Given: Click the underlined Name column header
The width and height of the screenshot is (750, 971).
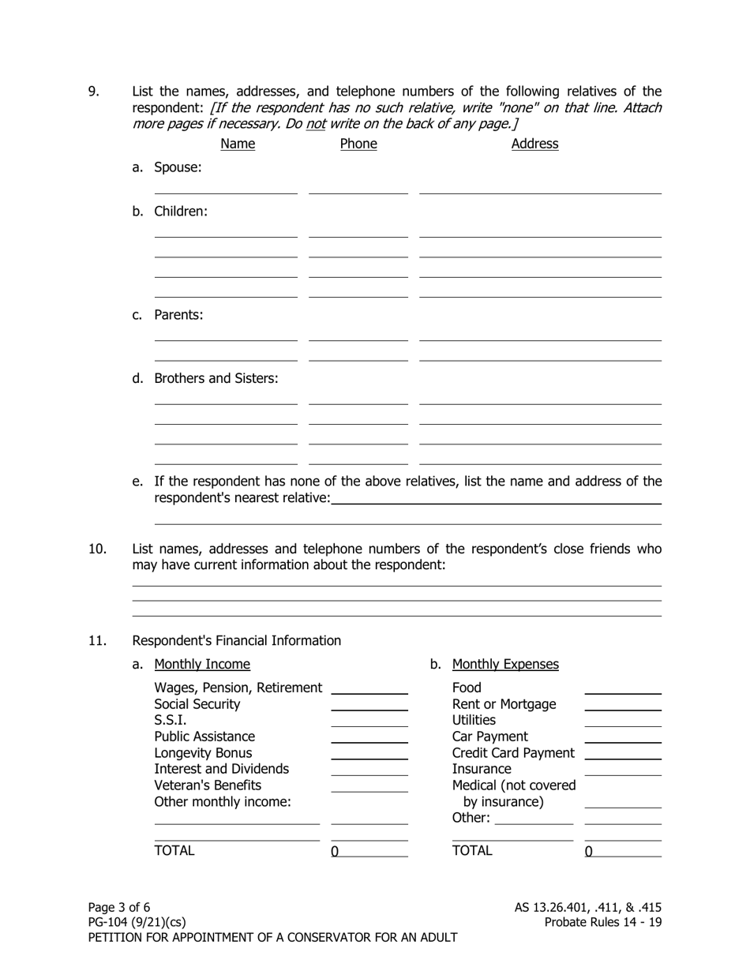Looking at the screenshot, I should tap(238, 144).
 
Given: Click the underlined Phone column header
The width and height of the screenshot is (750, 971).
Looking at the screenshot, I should tap(358, 144).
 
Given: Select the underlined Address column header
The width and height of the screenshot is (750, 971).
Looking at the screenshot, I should tap(534, 144).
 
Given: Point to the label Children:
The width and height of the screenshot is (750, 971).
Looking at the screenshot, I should tap(181, 211).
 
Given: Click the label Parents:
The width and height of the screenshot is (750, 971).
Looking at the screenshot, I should tap(178, 315).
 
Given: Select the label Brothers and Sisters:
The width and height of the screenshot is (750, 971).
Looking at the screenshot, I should tap(216, 379).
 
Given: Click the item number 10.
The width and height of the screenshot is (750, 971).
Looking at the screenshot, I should tap(96, 549).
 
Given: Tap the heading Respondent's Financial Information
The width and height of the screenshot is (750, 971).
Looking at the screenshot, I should tap(237, 640).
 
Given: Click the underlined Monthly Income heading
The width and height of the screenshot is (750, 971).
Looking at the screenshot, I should tap(202, 665).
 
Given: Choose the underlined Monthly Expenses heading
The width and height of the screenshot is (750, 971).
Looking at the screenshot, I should tap(505, 665).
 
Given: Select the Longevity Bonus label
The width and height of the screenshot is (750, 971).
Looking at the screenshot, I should tap(203, 753).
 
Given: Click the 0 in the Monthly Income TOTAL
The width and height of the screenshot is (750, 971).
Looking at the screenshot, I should tap(335, 851).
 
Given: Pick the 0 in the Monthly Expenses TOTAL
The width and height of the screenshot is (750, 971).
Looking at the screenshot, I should tap(588, 851).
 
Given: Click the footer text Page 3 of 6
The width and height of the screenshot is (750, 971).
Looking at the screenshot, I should tap(119, 907).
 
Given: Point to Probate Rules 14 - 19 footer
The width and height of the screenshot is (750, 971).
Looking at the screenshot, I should tap(603, 922).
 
